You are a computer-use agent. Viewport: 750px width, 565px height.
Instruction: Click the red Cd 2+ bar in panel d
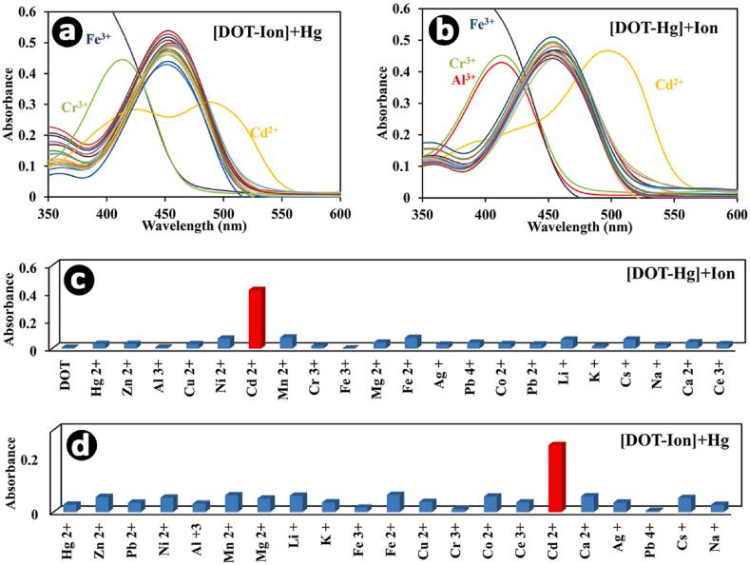point(557,477)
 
